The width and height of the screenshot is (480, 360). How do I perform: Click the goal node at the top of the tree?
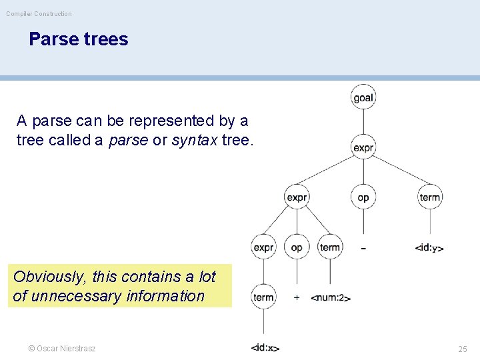pos(363,97)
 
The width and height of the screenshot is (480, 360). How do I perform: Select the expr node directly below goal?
pos(363,147)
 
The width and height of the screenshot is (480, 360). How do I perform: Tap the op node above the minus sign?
pos(363,197)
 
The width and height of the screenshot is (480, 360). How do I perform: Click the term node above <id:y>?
pos(430,197)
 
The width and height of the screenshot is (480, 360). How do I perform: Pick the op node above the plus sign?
pos(297,247)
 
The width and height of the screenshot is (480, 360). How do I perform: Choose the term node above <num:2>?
pos(330,247)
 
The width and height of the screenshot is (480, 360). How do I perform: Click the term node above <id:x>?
pos(263,297)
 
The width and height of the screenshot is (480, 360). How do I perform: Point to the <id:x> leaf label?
pos(265,347)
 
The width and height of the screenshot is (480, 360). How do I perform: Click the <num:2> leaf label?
pos(331,297)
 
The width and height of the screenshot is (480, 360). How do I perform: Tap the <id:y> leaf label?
pos(429,248)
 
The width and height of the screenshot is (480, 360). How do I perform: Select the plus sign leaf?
pos(297,297)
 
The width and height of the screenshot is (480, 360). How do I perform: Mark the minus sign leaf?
pos(363,248)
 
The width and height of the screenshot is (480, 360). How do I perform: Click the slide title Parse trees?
pos(78,39)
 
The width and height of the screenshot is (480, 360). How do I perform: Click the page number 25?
pos(463,349)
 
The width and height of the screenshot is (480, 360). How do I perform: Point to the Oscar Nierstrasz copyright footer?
pos(61,349)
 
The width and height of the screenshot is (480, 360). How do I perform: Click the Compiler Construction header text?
pos(39,13)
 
